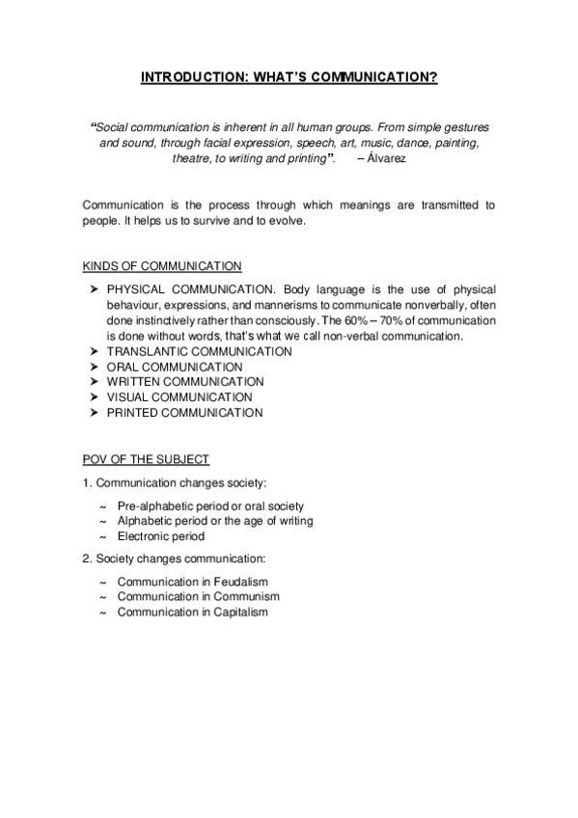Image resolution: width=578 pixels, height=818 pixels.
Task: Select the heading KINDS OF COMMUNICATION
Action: (162, 265)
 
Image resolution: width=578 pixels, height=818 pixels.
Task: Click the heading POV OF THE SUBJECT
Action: (146, 459)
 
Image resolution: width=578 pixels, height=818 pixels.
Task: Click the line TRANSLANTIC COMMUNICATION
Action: (199, 351)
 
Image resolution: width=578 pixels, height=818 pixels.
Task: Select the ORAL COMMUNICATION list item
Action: (175, 367)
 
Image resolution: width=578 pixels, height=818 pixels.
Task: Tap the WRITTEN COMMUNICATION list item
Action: (184, 382)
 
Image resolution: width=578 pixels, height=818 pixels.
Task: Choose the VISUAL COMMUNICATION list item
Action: (179, 397)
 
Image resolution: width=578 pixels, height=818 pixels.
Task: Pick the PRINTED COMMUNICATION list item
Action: (184, 413)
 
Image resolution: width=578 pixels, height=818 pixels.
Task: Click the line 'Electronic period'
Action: (161, 536)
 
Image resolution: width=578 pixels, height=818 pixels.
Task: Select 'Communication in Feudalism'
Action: (193, 582)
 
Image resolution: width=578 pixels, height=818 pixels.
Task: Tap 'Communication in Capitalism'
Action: (193, 613)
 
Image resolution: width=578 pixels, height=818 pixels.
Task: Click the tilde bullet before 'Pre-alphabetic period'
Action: (102, 506)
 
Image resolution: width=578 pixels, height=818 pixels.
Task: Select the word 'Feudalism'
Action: (241, 582)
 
